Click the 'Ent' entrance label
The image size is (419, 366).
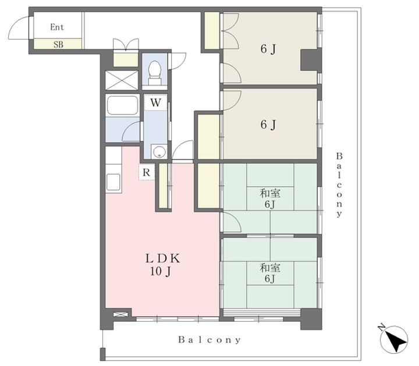pos(57,27)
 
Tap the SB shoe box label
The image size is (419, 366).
pos(58,44)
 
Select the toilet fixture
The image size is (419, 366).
pos(154,72)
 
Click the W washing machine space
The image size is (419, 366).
pos(155,102)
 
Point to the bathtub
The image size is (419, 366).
pos(122,106)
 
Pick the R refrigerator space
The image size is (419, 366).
pos(147,172)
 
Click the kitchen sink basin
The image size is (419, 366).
pos(113,182)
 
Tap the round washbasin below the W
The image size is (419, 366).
pos(159,152)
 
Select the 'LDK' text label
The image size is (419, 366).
pos(162,258)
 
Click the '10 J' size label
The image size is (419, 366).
pos(161,271)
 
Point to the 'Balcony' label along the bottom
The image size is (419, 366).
pos(210,340)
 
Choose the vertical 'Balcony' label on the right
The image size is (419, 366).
pos(339,185)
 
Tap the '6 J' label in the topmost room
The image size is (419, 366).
pos(268,49)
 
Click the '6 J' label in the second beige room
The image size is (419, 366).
pos(268,125)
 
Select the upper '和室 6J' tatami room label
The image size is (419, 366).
pos(270,198)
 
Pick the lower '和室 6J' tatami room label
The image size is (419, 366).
pos(270,273)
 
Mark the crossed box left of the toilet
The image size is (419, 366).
pos(122,80)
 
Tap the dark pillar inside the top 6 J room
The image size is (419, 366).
pos(310,60)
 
